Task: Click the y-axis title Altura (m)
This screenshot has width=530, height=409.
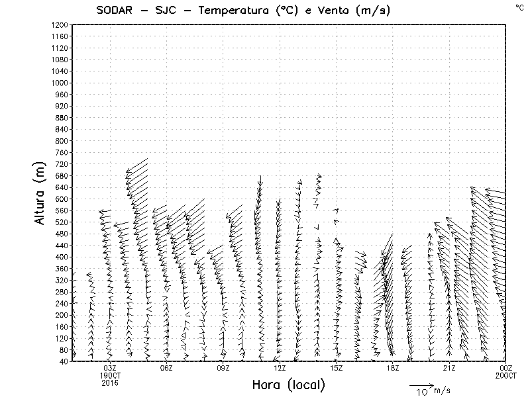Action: click(41, 193)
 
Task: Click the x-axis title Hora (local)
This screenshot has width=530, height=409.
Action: click(289, 385)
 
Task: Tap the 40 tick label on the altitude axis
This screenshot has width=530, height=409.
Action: click(64, 361)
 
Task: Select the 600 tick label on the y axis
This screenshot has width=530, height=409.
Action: click(62, 199)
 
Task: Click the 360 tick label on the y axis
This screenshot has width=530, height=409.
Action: click(62, 268)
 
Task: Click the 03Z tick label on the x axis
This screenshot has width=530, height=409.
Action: click(110, 368)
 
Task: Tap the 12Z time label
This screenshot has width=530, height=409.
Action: click(280, 368)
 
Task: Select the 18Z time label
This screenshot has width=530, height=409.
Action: click(393, 368)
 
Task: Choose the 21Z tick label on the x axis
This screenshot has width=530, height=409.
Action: click(449, 368)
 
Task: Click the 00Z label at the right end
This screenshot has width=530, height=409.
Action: click(506, 368)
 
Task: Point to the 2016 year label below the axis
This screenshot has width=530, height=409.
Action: click(110, 382)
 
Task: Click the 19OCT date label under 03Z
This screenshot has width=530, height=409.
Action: click(110, 375)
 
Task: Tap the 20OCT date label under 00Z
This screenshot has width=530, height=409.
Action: click(506, 375)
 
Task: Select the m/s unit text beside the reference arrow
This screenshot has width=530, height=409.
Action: click(441, 390)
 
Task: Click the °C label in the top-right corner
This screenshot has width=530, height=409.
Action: click(519, 7)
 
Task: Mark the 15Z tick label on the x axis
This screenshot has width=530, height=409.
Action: click(337, 368)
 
